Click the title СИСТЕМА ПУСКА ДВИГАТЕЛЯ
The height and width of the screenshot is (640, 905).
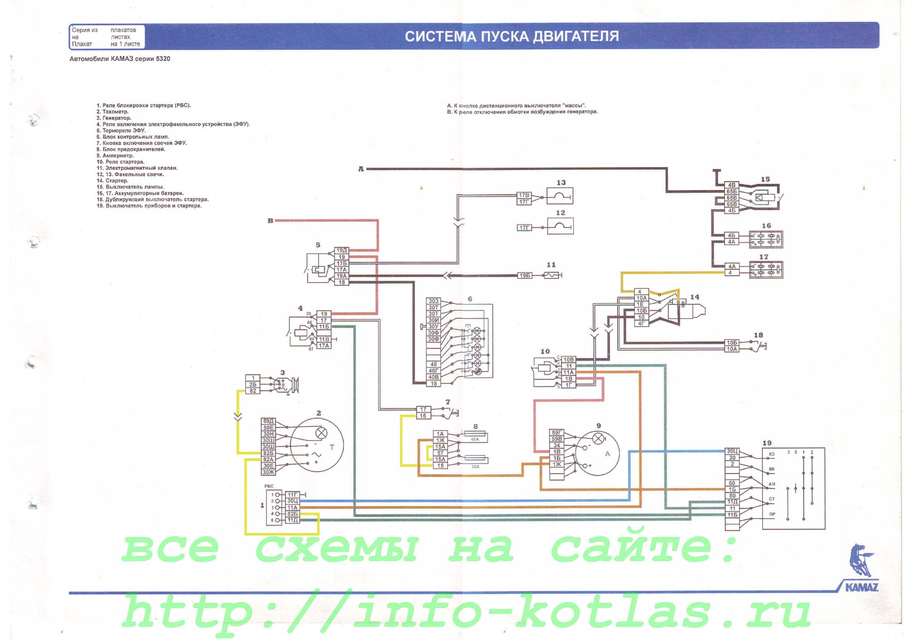point(511,36)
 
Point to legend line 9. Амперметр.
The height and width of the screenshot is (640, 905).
point(115,156)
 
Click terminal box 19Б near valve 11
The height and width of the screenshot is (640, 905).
point(524,275)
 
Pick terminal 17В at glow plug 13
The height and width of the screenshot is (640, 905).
point(524,195)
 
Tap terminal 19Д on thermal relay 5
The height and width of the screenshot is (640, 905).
point(342,250)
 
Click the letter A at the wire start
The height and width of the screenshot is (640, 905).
point(361,169)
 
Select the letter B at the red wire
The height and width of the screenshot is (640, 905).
point(270,221)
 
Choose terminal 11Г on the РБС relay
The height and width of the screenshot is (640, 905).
point(292,495)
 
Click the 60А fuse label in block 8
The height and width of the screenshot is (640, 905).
point(475,439)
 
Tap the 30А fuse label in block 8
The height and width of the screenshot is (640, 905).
point(475,467)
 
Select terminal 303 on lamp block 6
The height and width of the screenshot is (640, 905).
point(433,301)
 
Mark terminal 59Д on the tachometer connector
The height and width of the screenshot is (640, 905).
point(268,421)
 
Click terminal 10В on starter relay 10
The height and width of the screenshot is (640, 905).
point(568,359)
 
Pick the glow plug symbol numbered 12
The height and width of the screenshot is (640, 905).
point(560,226)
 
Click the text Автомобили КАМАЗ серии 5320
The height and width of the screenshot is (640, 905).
point(120,59)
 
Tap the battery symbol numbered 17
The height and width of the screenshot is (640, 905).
point(766,270)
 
